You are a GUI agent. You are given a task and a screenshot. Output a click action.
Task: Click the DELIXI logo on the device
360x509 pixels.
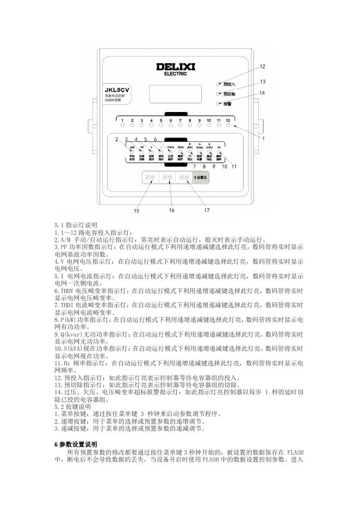(x=179, y=68)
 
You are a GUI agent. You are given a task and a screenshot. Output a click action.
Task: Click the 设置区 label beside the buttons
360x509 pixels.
(x=200, y=177)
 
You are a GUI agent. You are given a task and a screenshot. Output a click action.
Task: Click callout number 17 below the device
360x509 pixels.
(x=207, y=209)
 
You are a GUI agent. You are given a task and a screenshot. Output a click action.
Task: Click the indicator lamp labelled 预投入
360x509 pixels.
(x=219, y=84)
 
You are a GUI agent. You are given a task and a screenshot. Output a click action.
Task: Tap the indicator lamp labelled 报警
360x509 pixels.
(x=219, y=103)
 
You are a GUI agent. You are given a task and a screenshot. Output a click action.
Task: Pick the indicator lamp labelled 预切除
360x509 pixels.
(x=219, y=94)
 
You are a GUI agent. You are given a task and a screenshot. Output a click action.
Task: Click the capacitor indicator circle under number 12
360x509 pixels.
(x=229, y=125)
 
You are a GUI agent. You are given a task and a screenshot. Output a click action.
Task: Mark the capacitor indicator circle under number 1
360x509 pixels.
(x=123, y=125)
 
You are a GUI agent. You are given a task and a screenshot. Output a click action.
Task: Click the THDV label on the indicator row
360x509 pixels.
(x=170, y=147)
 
